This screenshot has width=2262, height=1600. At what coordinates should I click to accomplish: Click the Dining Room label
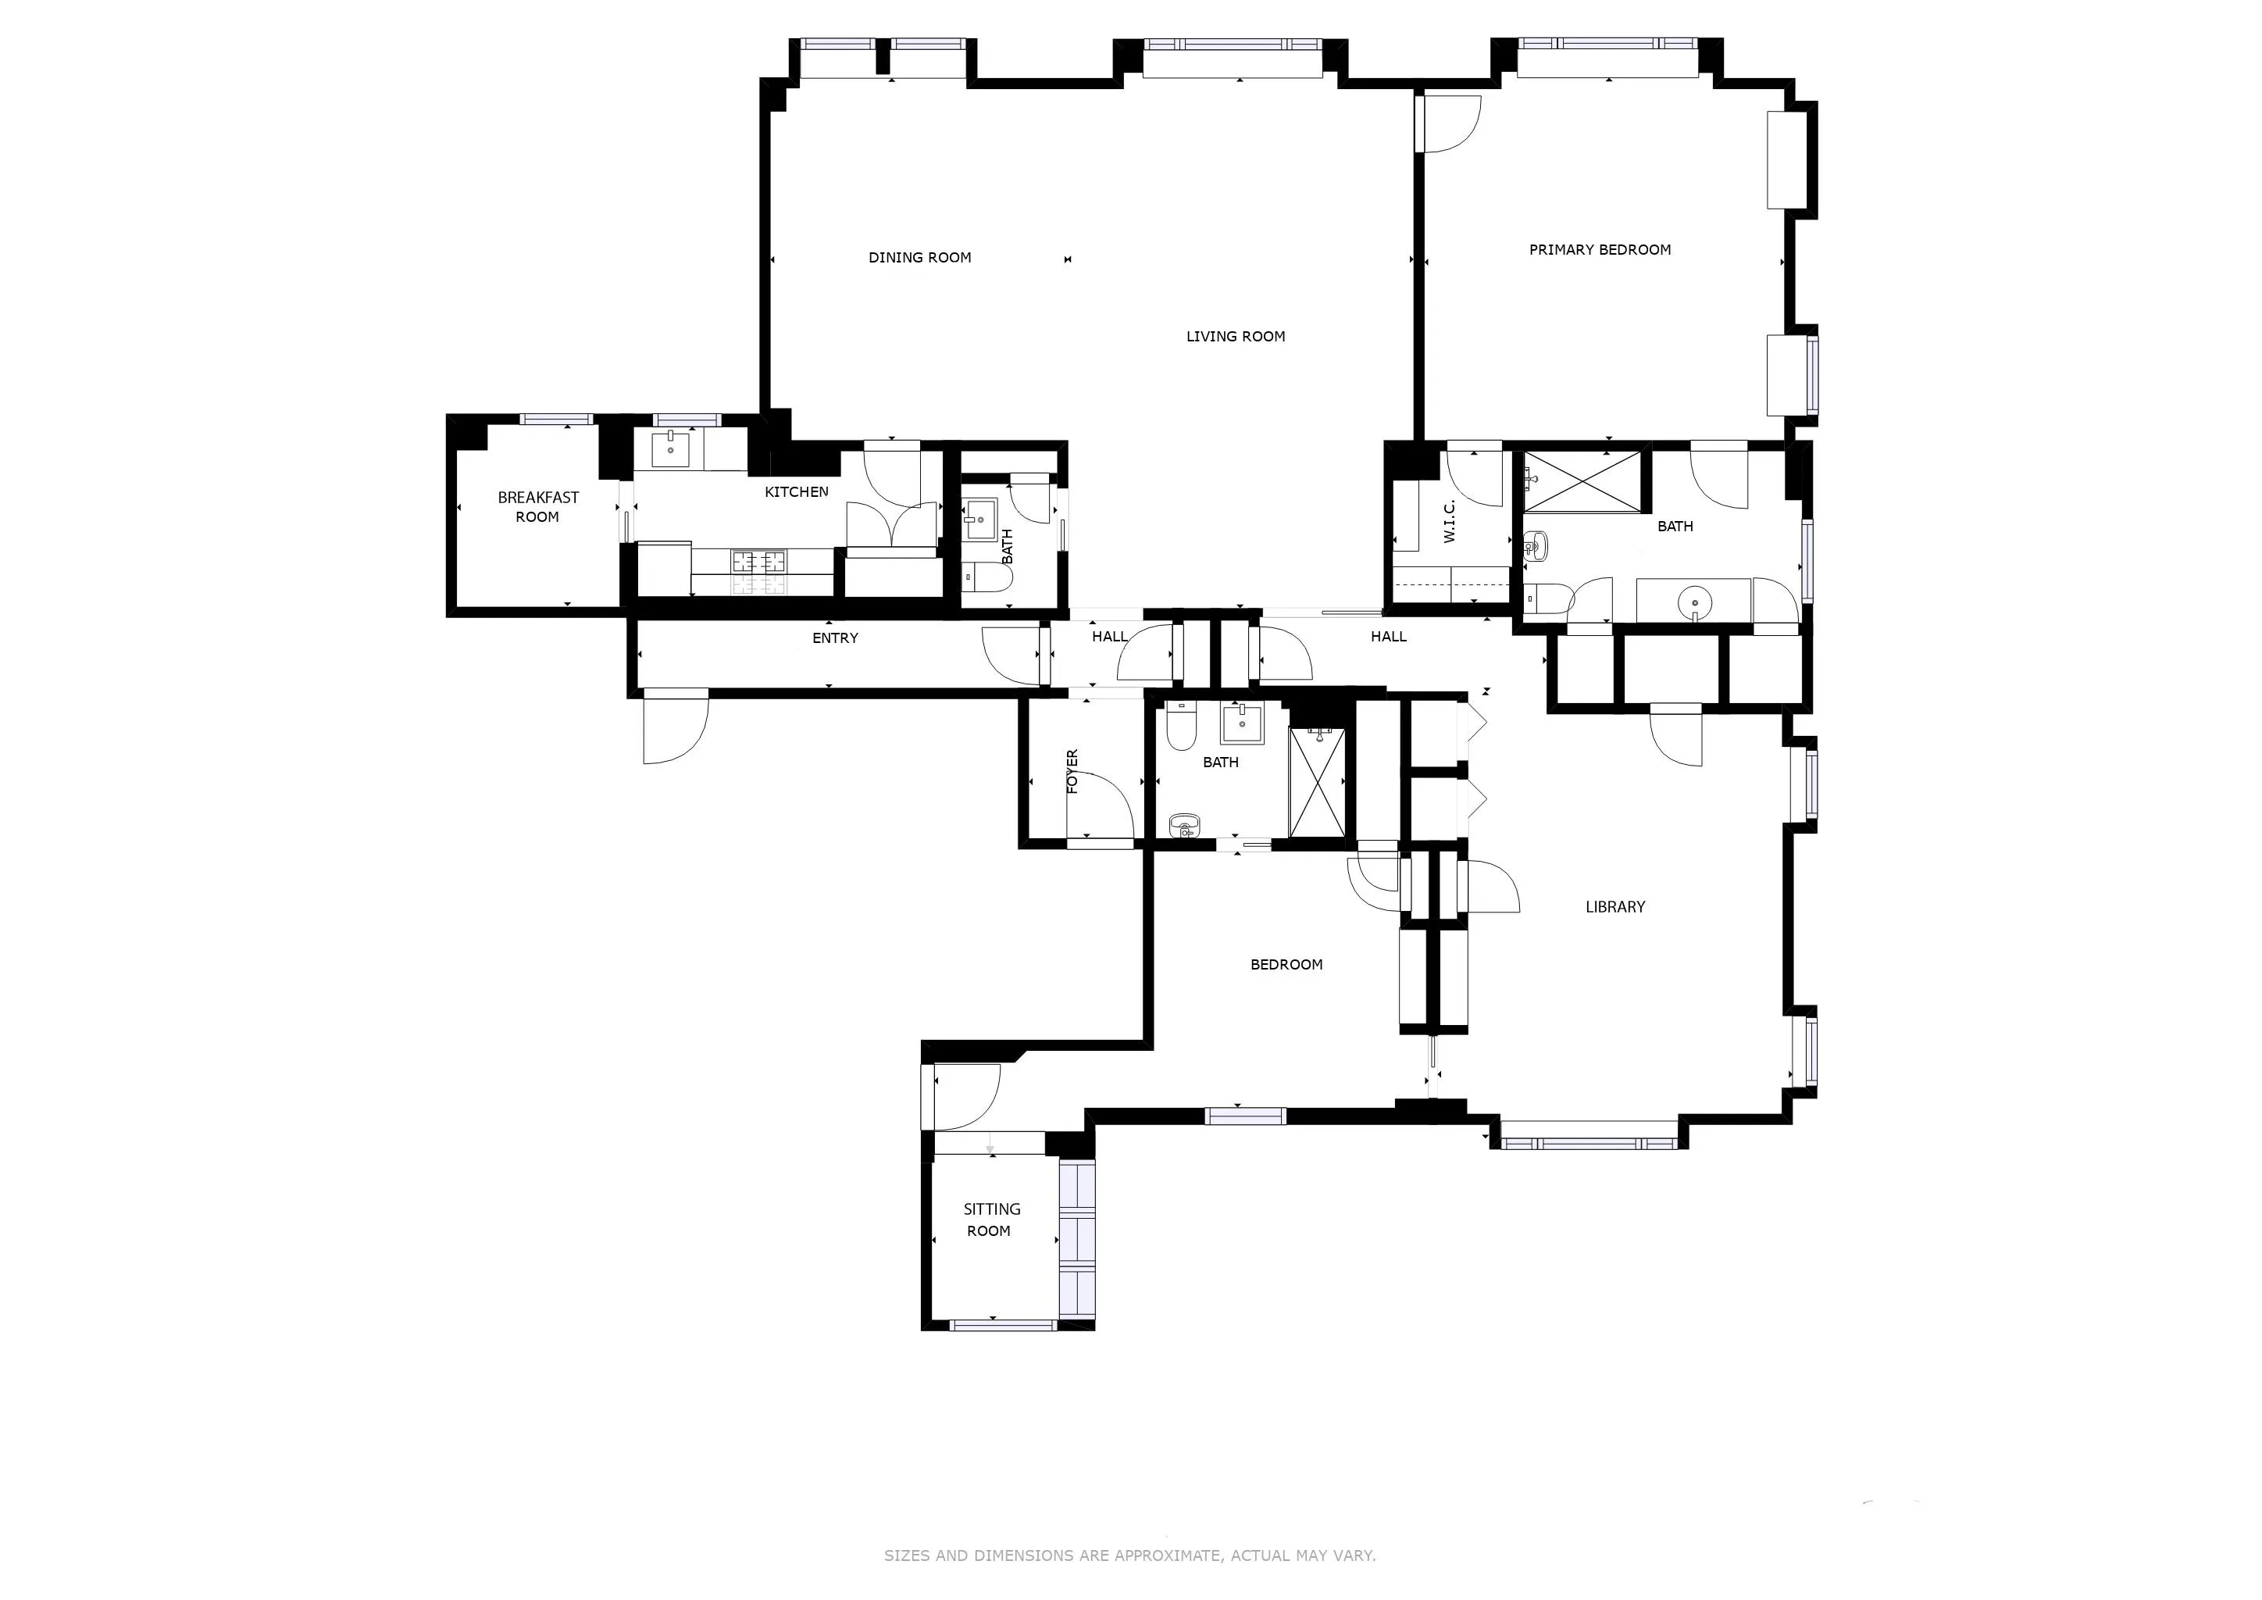coord(919,258)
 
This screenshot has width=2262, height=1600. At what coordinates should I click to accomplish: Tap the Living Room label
coord(1236,337)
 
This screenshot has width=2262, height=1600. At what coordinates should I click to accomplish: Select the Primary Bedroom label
coord(1599,250)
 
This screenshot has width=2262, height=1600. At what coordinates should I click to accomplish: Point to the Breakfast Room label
coord(538,507)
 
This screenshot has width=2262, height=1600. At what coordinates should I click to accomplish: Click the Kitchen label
coord(796,491)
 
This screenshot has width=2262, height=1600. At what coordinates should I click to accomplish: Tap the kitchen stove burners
coord(758,562)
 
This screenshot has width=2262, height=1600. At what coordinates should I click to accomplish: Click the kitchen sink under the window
coord(671,448)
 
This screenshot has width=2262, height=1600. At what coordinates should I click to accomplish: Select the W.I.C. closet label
coord(1449,521)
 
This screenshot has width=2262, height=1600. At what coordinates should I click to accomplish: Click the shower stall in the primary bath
coord(1583,482)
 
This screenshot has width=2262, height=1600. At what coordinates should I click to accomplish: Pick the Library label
coord(1614,907)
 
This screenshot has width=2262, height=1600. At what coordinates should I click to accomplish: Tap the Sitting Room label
coord(990,1220)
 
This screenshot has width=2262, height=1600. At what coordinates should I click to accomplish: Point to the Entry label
coord(834,638)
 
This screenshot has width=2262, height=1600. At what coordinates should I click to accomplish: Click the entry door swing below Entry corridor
coord(674,729)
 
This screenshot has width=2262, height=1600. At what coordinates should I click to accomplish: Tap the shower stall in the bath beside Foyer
coord(1316,782)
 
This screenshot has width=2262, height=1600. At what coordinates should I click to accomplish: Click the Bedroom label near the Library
coord(1286,965)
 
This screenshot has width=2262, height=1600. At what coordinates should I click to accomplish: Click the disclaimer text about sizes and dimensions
coord(1129,1555)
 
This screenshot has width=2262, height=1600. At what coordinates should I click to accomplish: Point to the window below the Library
coord(1588,1143)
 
